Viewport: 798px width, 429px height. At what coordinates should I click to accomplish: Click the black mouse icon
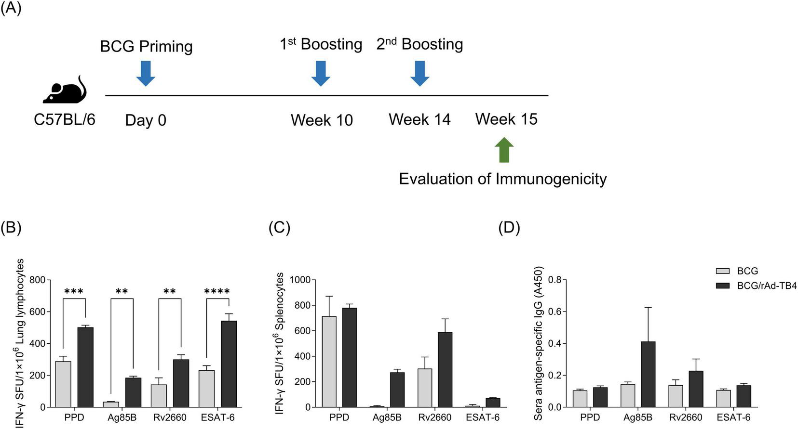[x=64, y=91]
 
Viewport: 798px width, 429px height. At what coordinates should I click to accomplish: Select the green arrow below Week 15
[x=504, y=150]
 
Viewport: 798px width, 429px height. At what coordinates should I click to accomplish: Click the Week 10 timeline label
[x=322, y=120]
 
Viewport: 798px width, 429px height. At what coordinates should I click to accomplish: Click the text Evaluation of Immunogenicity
[x=502, y=179]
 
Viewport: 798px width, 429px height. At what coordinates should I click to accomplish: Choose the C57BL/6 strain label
[x=64, y=119]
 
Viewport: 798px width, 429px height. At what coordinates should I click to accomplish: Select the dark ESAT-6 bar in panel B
[x=229, y=364]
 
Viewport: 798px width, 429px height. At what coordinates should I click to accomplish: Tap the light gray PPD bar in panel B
[x=63, y=384]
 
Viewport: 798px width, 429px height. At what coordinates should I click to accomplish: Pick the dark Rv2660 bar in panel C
[x=445, y=369]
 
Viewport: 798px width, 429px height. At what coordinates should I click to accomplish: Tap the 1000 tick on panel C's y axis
[x=300, y=280]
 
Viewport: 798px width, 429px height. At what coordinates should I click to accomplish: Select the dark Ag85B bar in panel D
[x=649, y=374]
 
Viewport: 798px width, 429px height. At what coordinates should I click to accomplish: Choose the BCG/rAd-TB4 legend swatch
[x=723, y=286]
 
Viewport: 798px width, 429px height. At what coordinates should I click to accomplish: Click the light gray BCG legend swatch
[x=723, y=271]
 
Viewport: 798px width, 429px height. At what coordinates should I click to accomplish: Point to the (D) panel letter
[x=509, y=228]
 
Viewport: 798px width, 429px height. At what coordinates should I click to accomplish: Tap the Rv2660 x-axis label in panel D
[x=685, y=417]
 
